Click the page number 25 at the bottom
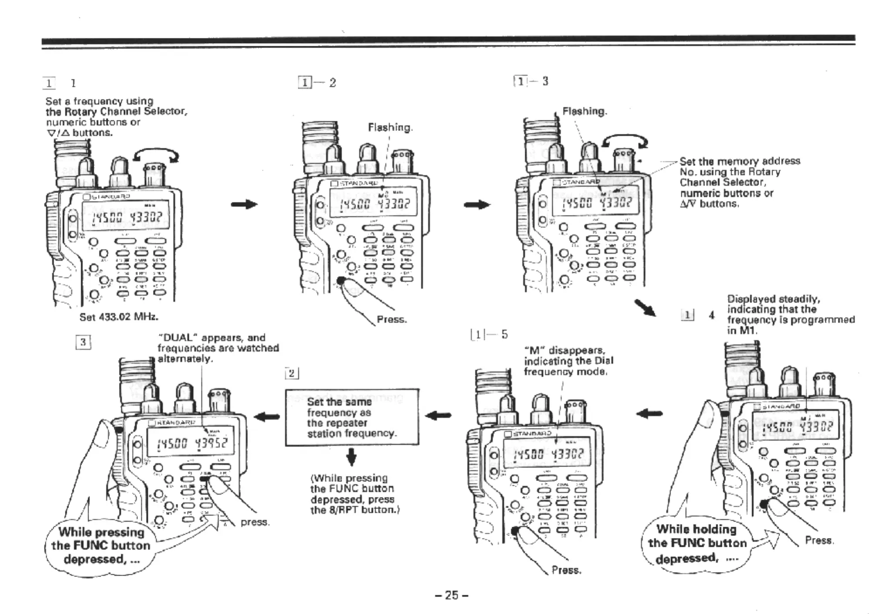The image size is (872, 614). [x=452, y=595]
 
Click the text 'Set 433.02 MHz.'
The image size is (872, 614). [x=119, y=317]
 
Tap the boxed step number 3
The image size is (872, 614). [x=83, y=343]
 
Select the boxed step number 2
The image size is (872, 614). [x=292, y=373]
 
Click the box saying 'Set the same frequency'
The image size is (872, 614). [x=352, y=417]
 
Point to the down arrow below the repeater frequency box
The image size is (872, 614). [x=352, y=458]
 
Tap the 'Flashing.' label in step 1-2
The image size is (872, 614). [x=390, y=128]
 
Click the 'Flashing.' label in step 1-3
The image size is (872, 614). [x=585, y=111]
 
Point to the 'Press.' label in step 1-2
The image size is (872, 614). [x=392, y=320]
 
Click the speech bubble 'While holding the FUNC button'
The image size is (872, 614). [x=696, y=543]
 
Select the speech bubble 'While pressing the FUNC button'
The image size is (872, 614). [x=101, y=546]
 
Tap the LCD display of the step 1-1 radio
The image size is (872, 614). [x=126, y=216]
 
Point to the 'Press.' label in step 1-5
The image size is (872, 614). [x=566, y=570]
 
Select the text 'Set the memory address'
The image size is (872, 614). [x=740, y=161]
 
